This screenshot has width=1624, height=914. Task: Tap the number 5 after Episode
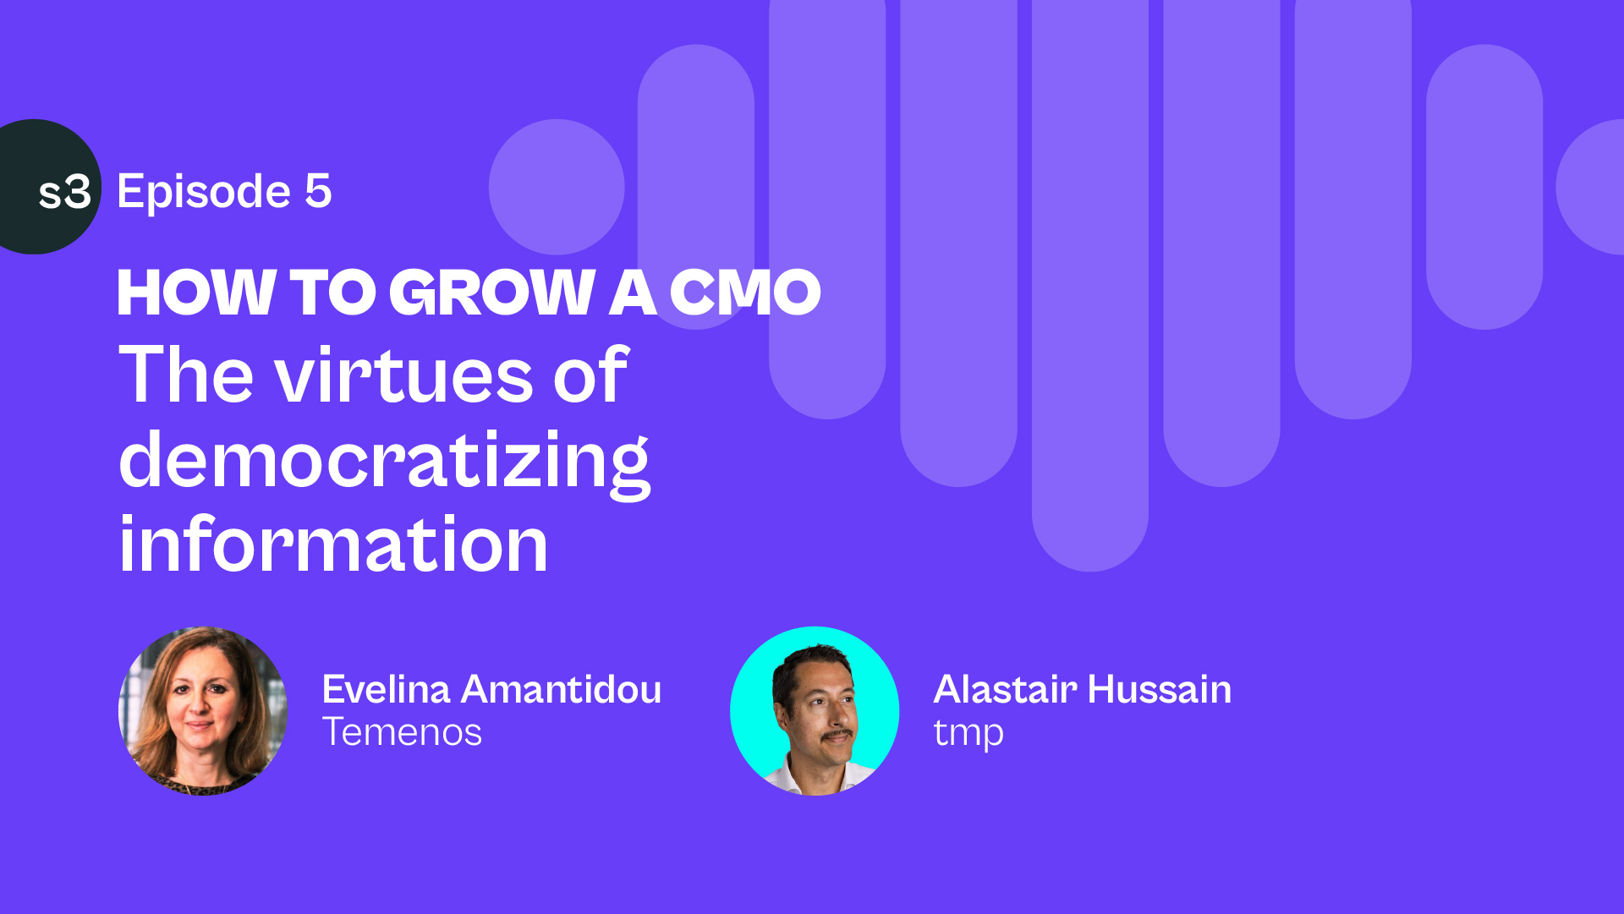point(318,191)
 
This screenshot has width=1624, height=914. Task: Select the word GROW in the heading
point(492,293)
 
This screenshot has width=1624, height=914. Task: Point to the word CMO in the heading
point(745,293)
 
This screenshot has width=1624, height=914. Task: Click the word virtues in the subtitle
point(403,376)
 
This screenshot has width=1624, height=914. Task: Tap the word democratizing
point(385,462)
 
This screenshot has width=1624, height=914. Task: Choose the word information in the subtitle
point(333,545)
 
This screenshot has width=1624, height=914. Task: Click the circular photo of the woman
point(203,711)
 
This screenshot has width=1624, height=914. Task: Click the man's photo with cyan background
point(815,711)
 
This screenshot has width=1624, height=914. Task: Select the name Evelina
point(386,690)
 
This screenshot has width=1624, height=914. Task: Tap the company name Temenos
point(402,732)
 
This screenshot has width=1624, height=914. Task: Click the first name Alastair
point(1005,690)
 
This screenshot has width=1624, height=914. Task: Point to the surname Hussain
point(1160,690)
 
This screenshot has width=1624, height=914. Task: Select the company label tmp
point(968,734)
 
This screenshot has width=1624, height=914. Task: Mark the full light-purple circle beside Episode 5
point(557,187)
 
